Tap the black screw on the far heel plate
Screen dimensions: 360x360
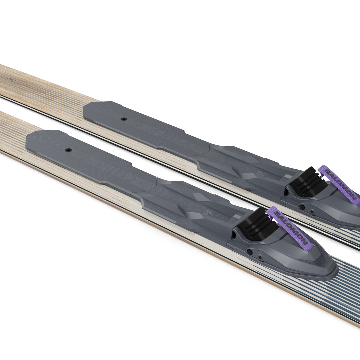[x=124, y=119]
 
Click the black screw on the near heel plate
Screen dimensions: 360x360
[x=68, y=150]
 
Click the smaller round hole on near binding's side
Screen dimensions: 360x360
[x=260, y=257]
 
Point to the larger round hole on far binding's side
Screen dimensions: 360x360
[x=302, y=207]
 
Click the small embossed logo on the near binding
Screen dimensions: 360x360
[x=207, y=213]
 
